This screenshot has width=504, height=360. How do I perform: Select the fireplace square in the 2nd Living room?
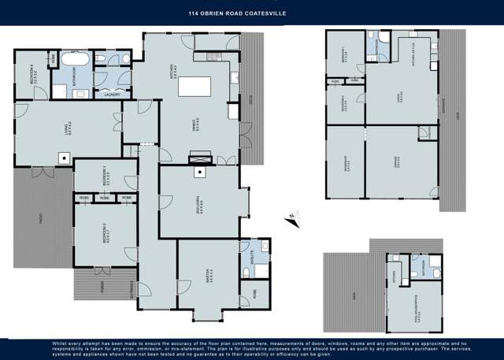click(201, 170)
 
